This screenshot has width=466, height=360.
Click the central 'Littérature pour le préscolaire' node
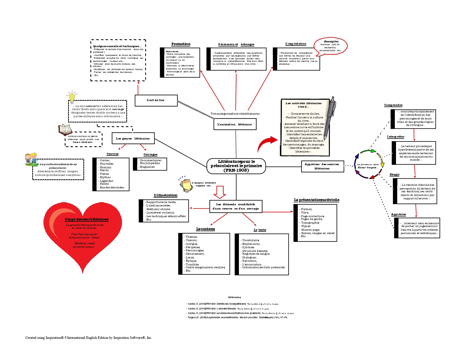pos(236,166)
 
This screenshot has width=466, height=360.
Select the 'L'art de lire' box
pos(156,100)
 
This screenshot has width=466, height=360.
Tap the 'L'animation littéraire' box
pos(235,124)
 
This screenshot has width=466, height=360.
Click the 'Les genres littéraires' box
pos(133,138)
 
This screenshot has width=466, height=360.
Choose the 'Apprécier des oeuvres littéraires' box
pos(322,166)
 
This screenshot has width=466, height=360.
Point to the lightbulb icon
pos(72,97)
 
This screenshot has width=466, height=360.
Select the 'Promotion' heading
pos(181,44)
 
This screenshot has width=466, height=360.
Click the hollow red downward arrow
pos(219,192)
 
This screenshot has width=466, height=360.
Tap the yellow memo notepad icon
pos(185,185)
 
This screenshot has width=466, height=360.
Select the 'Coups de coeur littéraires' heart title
pos(86,219)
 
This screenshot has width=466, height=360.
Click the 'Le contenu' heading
pos(205,229)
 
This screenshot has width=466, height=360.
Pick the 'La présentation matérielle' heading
pos(316,200)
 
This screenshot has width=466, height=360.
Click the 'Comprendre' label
pos(393,105)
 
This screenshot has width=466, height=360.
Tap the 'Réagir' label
pos(395,174)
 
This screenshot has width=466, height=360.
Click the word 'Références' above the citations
pos(234,297)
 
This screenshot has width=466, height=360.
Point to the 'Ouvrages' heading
pos(150,154)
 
